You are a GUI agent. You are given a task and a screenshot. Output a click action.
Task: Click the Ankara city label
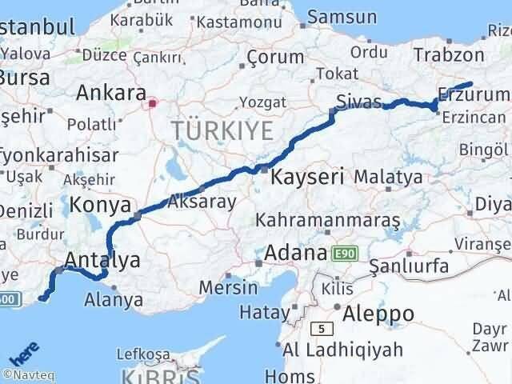point(110,93)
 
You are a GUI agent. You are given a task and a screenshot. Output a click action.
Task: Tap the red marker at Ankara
point(153,102)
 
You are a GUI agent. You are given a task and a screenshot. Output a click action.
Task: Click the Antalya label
point(102,259)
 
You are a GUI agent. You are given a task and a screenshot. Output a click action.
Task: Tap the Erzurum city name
point(473,96)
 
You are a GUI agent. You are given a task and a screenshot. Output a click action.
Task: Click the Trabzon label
point(449,54)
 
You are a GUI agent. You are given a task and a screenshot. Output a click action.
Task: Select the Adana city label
point(297,253)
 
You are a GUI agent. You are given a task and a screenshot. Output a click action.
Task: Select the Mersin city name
point(230,286)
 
